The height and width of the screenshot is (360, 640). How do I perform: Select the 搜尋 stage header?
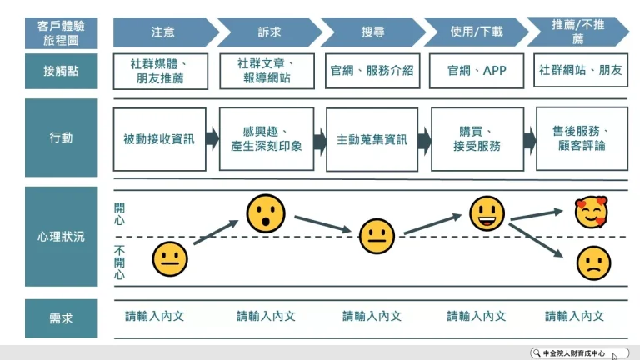(x=372, y=32)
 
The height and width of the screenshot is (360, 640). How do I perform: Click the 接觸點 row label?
(x=61, y=72)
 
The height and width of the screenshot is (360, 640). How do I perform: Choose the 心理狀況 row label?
(x=61, y=237)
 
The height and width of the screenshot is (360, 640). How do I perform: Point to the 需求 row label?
(x=61, y=317)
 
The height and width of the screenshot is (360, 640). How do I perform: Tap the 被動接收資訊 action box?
(x=158, y=139)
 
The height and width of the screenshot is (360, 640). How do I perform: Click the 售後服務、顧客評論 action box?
(x=582, y=138)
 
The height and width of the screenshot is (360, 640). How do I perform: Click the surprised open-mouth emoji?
(x=265, y=213)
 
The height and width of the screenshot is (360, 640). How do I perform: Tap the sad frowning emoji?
(x=592, y=262)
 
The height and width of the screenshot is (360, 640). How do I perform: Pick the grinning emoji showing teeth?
(x=487, y=213)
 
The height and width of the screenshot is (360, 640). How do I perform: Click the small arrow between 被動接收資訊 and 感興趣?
(x=212, y=138)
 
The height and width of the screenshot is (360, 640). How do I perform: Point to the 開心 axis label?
(x=119, y=214)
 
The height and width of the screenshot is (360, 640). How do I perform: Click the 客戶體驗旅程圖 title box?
(x=61, y=32)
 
